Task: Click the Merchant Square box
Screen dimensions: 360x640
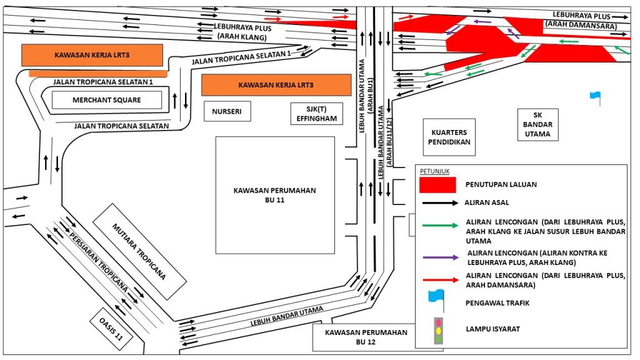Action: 106,100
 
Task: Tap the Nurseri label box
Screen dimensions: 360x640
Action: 227,111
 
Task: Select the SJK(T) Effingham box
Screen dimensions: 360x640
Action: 317,114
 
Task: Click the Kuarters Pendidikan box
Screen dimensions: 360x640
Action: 449,137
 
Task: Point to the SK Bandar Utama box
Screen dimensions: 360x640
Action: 537,125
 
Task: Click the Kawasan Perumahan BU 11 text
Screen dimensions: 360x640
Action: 275,195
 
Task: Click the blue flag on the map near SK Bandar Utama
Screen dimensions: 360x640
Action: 594,97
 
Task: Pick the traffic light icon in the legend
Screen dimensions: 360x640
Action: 438,330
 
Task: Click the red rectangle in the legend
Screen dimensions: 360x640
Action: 437,185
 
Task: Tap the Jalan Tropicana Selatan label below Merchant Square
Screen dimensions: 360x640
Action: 121,126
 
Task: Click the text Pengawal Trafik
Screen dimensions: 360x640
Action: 493,302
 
